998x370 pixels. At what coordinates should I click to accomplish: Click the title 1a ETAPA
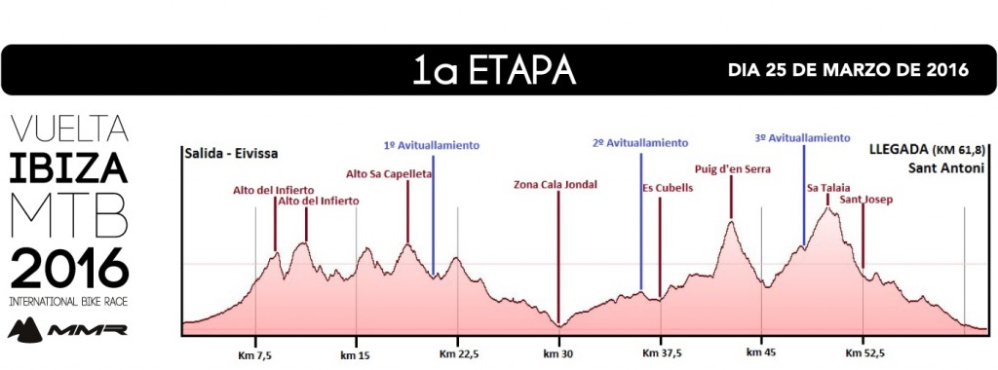pos(493,71)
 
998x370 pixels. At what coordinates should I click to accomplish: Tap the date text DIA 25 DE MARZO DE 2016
pos(848,71)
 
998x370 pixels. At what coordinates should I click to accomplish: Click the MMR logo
pos(67,328)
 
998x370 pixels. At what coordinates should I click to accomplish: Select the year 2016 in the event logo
pos(68,265)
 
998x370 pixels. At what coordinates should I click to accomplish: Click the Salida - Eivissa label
pos(229,153)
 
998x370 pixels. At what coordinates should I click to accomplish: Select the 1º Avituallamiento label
pos(432,145)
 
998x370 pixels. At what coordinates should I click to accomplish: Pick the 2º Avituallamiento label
pos(640,143)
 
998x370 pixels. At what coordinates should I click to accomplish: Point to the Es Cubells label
pos(668,189)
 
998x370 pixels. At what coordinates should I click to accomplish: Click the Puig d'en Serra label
pos(732,168)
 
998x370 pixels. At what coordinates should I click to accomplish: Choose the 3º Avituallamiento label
pos(802,138)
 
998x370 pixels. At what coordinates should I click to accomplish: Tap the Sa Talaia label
pos(826,187)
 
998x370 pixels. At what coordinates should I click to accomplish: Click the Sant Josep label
pos(865,200)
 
